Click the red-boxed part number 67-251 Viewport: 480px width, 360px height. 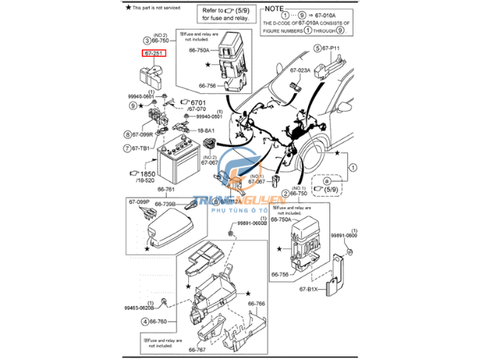(154, 52)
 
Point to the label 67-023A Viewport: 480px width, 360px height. (300, 70)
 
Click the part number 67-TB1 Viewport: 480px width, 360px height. (142, 149)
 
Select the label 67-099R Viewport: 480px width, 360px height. (143, 135)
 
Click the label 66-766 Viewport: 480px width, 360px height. (256, 304)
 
